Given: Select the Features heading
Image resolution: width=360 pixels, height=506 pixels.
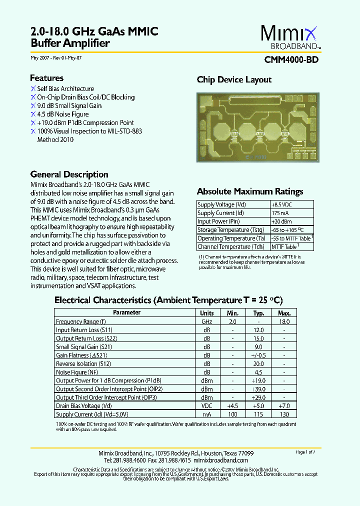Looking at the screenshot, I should pos(46,78).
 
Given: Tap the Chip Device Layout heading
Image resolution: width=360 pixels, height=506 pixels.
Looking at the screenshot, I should pos(234,79).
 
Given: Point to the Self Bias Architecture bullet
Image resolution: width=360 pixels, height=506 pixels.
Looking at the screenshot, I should pos(65,88).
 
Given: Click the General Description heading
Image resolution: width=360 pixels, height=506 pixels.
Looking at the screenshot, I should pos(69,174).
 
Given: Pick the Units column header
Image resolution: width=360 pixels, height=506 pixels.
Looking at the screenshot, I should pos(207,313).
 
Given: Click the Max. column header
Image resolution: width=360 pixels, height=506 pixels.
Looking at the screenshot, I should pos(284,313).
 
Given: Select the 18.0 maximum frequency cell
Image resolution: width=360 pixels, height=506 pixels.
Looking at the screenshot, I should pos(284,322).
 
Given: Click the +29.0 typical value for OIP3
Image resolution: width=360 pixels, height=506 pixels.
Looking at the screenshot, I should pos(258,397).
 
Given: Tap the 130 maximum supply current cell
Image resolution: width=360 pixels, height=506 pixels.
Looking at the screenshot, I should pos(284,414).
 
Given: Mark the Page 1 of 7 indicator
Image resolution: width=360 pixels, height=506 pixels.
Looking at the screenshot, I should pos(305,452).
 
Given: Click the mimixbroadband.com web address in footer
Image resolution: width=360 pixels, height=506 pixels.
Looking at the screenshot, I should pos(220,460).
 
